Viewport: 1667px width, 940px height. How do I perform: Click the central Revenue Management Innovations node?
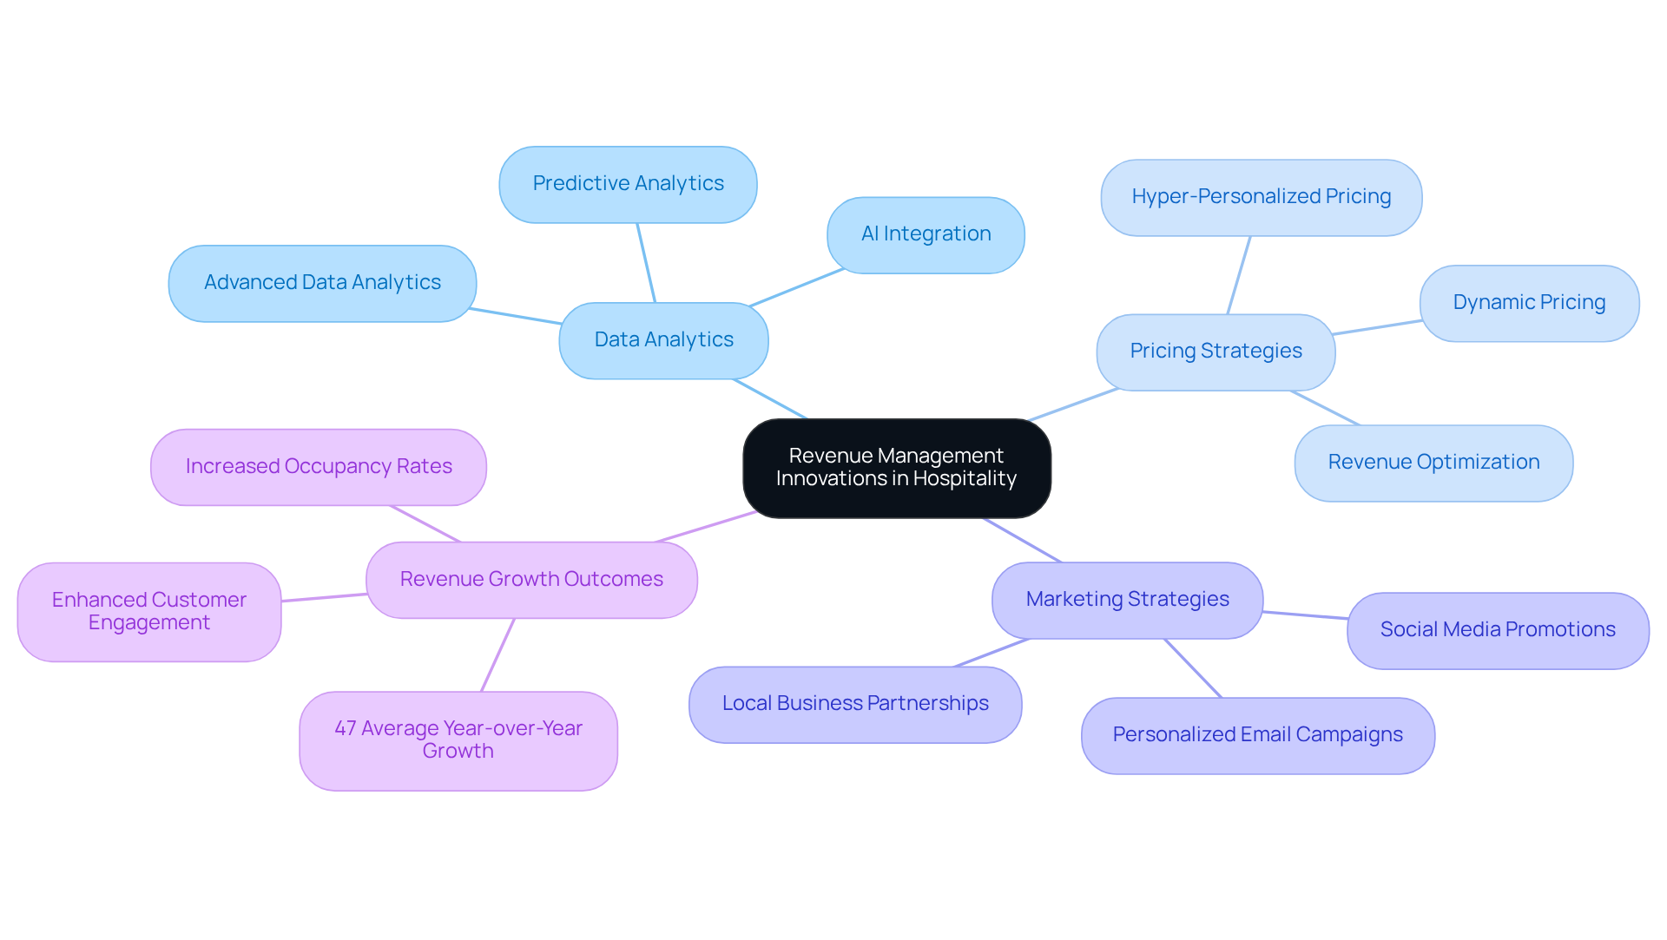tap(896, 468)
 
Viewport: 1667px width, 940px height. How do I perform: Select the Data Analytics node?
tap(663, 340)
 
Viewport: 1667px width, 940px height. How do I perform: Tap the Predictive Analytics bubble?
tap(628, 184)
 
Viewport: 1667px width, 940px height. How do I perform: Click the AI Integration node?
tap(926, 234)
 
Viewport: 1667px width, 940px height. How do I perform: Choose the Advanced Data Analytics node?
tap(322, 283)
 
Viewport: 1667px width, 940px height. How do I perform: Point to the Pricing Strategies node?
tap(1216, 352)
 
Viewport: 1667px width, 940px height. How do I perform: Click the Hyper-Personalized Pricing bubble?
tap(1261, 197)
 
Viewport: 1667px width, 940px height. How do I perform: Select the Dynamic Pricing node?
tap(1529, 303)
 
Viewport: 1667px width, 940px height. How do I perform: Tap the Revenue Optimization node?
tap(1433, 463)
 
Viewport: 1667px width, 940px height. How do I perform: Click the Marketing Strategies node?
tap(1127, 600)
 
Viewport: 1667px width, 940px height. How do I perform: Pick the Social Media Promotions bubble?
tap(1498, 630)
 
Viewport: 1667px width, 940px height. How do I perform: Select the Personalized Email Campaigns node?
tap(1257, 735)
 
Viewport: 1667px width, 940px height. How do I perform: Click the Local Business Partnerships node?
tap(855, 704)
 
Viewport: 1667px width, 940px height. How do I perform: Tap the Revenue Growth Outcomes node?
tap(531, 580)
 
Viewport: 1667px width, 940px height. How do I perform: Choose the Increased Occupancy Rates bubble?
tap(319, 467)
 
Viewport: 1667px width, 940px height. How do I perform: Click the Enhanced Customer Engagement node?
tap(149, 612)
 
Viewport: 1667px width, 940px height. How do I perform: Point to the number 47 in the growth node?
tap(345, 728)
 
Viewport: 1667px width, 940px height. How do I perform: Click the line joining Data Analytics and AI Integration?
tap(797, 287)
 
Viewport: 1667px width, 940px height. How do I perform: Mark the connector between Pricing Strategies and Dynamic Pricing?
tap(1377, 327)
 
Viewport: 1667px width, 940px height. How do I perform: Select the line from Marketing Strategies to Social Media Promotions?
tap(1305, 615)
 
